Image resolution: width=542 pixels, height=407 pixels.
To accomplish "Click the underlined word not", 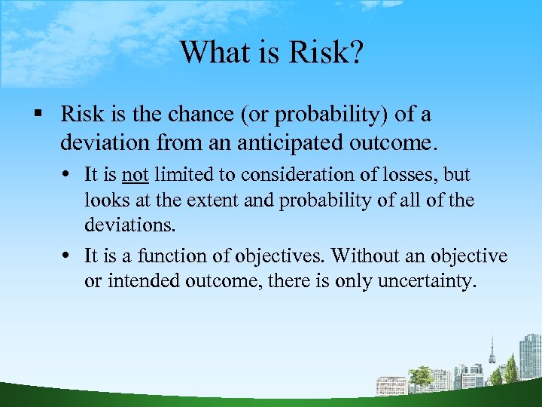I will click(135, 175).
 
